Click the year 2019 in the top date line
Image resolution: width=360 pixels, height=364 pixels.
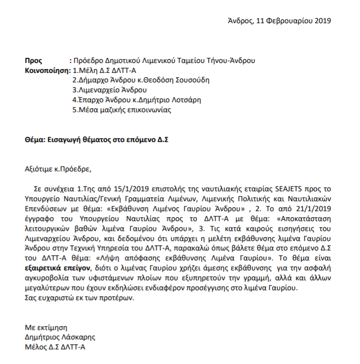323,21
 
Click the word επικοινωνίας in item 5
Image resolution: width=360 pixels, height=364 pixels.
149,110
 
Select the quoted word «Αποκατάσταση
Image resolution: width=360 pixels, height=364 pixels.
306,218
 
